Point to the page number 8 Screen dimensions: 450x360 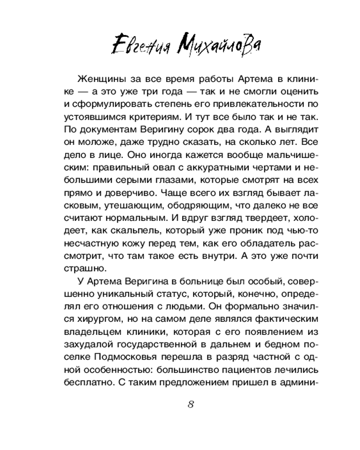tap(190, 403)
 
